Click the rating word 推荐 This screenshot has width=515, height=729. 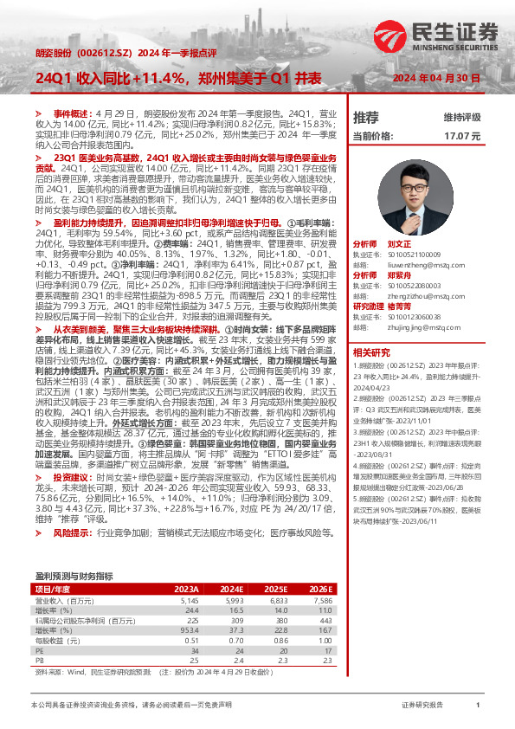pyautogui.click(x=366, y=117)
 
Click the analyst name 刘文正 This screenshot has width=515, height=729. pyautogui.click(x=397, y=245)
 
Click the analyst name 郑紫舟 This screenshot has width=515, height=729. pyautogui.click(x=397, y=274)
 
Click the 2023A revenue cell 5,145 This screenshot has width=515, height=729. pyautogui.click(x=190, y=575)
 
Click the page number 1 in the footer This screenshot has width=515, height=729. pyautogui.click(x=477, y=706)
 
